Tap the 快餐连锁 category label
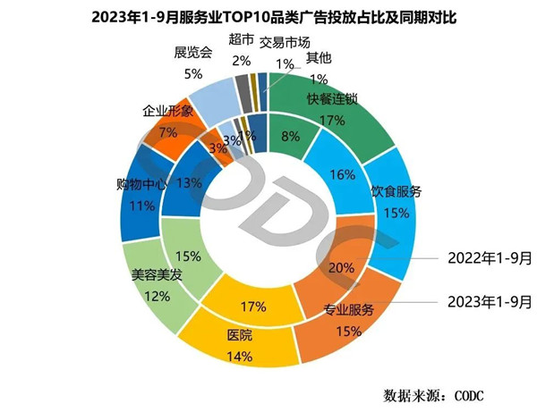point(332,99)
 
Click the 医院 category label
point(239,336)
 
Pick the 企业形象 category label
point(167,113)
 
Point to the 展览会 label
point(193,52)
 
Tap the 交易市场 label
point(287,42)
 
